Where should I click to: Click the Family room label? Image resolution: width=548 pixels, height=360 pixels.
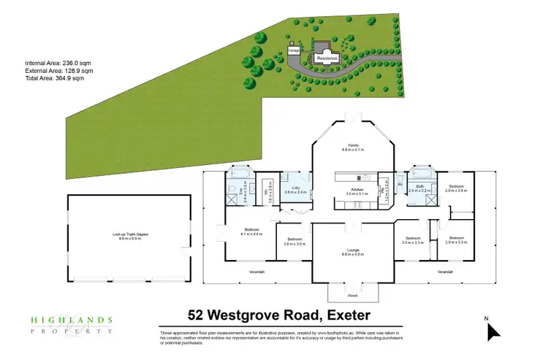pos(352,147)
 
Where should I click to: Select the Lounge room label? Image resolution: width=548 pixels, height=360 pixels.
pos(352,253)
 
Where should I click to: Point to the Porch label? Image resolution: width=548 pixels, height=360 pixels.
pos(353,295)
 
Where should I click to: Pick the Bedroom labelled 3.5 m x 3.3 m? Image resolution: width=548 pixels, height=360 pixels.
pos(413,240)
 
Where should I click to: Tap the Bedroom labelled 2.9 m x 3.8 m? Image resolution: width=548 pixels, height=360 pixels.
pos(457,188)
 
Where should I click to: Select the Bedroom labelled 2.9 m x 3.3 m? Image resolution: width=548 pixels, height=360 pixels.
pos(457,240)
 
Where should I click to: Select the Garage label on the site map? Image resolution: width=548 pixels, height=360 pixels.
pos(294,51)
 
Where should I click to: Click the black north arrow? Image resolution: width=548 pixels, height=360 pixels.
pos(494,332)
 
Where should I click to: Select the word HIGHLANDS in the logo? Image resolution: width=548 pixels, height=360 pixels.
pos(71,320)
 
